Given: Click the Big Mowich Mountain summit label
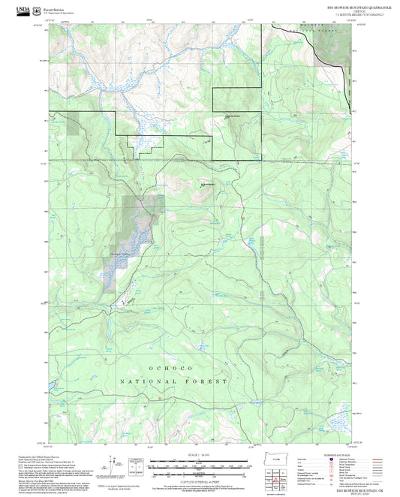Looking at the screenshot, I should pyautogui.click(x=209, y=184).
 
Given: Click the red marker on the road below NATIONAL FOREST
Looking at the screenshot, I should pyautogui.click(x=159, y=398).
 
